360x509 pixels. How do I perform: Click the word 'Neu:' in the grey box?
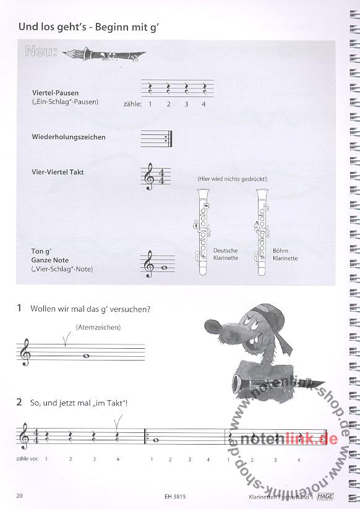pos(41,51)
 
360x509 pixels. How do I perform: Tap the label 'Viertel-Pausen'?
pos(55,93)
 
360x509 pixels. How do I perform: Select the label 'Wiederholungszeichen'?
pos(69,137)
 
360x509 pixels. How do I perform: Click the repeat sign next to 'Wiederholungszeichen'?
pos(169,139)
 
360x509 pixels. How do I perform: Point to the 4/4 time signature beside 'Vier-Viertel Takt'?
pos(161,176)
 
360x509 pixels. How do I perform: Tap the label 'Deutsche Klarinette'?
pos(226,254)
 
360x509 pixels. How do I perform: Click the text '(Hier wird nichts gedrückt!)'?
pos(233,179)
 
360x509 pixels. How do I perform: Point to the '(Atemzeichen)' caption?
pos(98,327)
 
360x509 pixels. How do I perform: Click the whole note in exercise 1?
pos(87,356)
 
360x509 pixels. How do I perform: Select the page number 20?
pos(19,495)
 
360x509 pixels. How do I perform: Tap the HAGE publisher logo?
pos(325,497)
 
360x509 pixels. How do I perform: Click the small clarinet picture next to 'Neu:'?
pos(104,54)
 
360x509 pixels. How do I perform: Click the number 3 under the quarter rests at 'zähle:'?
pos(186,104)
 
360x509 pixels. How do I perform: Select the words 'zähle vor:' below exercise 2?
pos(27,459)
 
